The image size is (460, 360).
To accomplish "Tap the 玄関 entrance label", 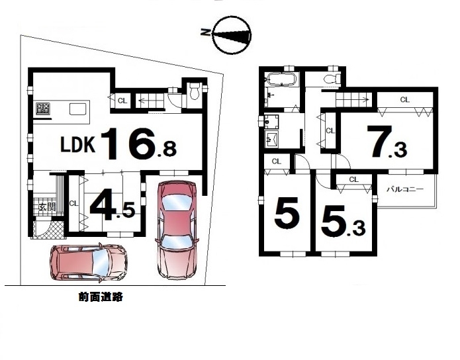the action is click(47, 207).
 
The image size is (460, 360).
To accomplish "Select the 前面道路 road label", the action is click(101, 297).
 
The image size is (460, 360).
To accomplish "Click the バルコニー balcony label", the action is click(405, 189).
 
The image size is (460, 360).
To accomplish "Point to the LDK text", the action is click(77, 144).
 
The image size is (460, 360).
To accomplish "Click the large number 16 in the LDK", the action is click(129, 144).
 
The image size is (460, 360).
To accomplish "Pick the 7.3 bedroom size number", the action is click(389, 142).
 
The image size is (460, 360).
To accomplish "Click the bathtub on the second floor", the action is click(282, 79).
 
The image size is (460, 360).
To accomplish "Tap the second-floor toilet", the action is click(332, 79).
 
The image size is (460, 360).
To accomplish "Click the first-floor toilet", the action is click(195, 91).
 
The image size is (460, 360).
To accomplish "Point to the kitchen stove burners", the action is click(43, 109).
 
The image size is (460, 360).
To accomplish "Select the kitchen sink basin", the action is click(77, 109).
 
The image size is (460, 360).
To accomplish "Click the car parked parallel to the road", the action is click(89, 263).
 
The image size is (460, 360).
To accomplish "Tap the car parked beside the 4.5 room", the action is click(176, 230).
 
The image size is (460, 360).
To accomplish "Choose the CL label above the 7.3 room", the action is click(404, 100).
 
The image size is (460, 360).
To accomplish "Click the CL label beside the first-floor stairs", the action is click(122, 101).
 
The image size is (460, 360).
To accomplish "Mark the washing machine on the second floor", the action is click(271, 121).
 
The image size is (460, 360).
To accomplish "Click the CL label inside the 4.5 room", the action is click(73, 203).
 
